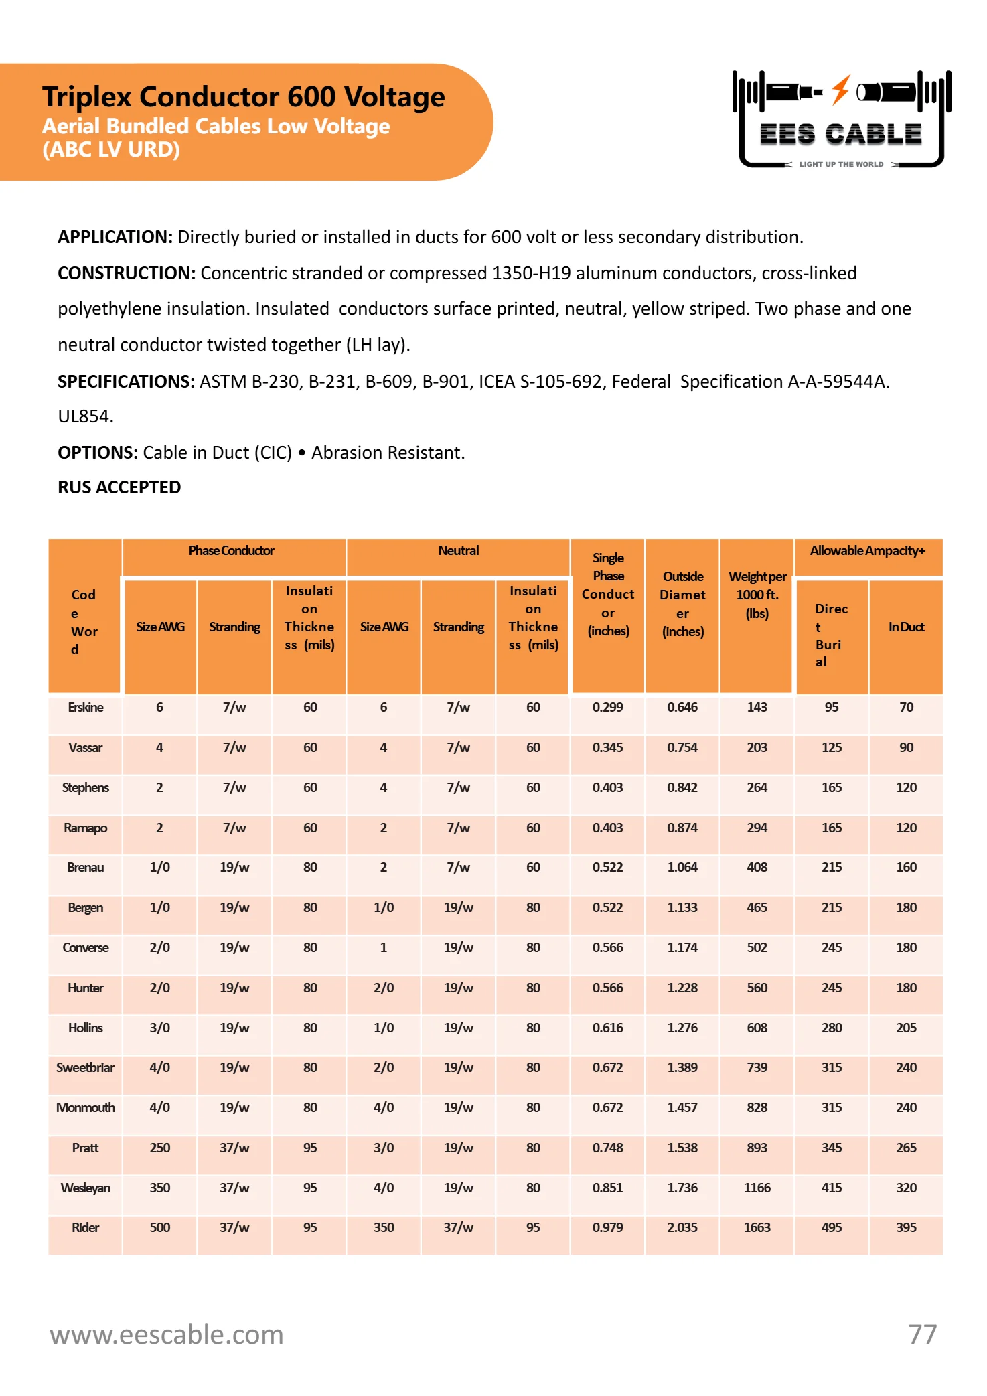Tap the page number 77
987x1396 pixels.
[x=922, y=1334]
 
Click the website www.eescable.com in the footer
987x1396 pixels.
[x=167, y=1334]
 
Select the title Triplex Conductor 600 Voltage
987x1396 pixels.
[x=243, y=97]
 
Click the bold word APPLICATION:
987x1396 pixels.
[x=115, y=237]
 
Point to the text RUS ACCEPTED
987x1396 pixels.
[x=119, y=487]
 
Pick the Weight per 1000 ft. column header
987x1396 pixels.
[x=757, y=595]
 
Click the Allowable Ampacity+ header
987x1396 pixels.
[x=867, y=551]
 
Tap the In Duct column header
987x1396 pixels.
[x=906, y=627]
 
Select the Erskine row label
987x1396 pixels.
[x=86, y=708]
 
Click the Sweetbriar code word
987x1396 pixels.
[x=85, y=1068]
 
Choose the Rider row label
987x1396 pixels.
[x=86, y=1228]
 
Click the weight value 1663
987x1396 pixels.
[x=757, y=1228]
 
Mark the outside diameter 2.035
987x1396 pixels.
[x=682, y=1228]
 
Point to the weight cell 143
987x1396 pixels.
[x=757, y=708]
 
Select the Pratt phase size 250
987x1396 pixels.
[x=159, y=1148]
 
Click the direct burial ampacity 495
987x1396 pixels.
[x=832, y=1228]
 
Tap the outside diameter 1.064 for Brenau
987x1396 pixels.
[x=682, y=868]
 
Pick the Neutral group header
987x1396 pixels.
[x=459, y=551]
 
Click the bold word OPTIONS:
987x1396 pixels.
[x=98, y=453]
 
